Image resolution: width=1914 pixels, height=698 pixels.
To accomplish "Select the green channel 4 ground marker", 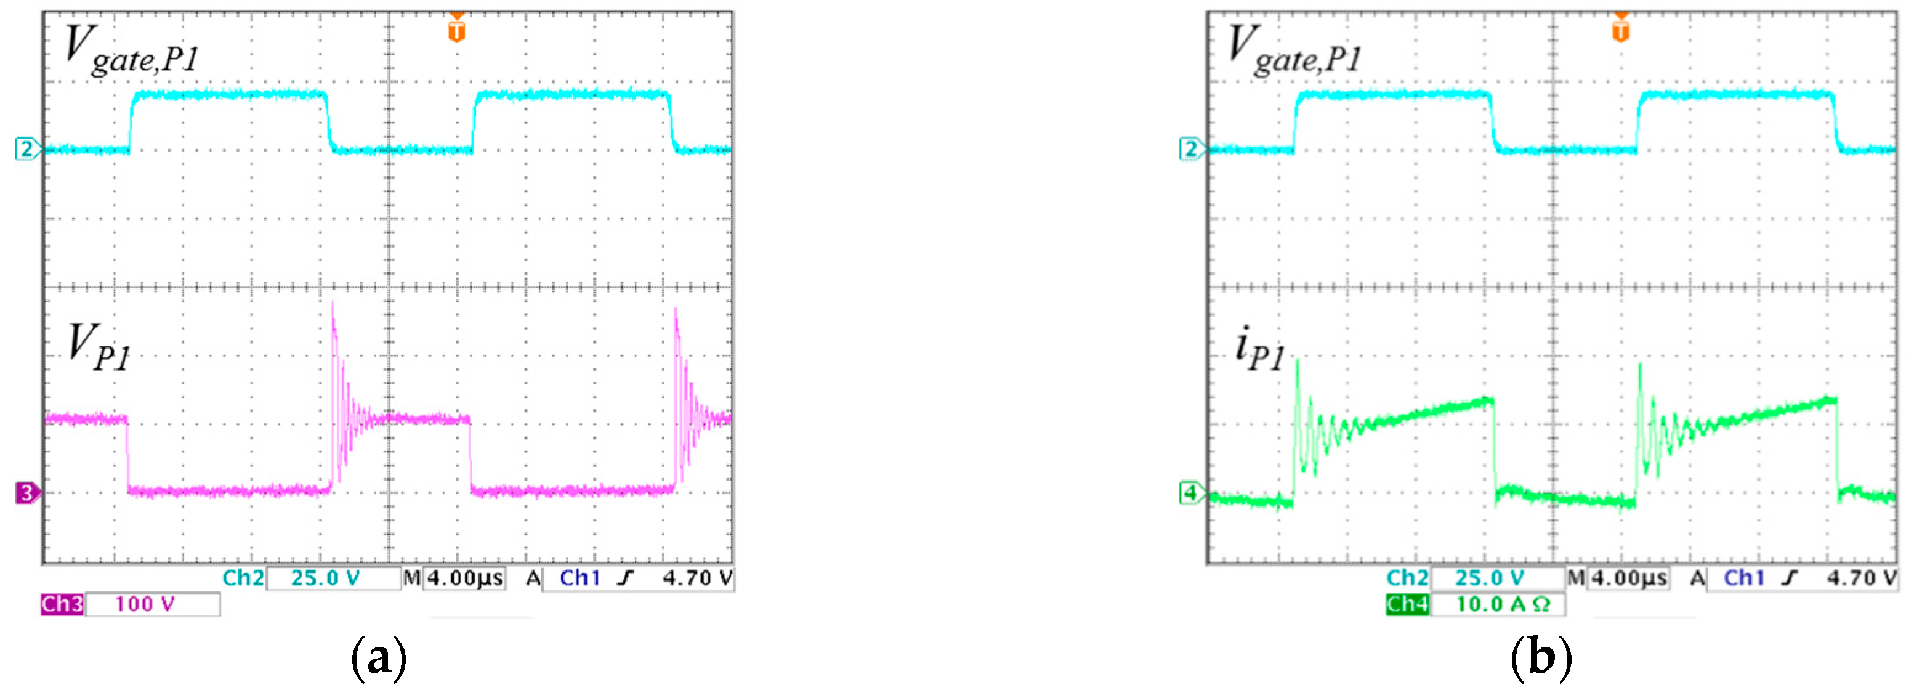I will tap(1191, 492).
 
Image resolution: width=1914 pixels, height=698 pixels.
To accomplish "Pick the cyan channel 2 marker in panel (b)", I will tap(1191, 150).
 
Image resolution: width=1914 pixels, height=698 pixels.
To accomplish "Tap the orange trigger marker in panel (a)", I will tap(456, 30).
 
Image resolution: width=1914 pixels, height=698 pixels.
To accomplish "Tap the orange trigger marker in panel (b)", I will tap(1620, 30).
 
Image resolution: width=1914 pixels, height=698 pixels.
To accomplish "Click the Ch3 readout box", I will tap(62, 604).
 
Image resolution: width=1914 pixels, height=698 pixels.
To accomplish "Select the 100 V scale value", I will tap(145, 604).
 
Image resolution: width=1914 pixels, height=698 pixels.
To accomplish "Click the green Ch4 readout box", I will tap(1407, 604).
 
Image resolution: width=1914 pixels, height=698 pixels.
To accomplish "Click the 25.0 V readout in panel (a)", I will tap(325, 578).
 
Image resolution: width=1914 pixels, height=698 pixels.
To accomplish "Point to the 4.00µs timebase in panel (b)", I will tap(1629, 578).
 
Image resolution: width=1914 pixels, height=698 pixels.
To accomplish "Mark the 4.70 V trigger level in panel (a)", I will tap(697, 578).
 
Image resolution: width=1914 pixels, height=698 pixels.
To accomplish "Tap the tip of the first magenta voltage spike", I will tap(332, 302).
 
